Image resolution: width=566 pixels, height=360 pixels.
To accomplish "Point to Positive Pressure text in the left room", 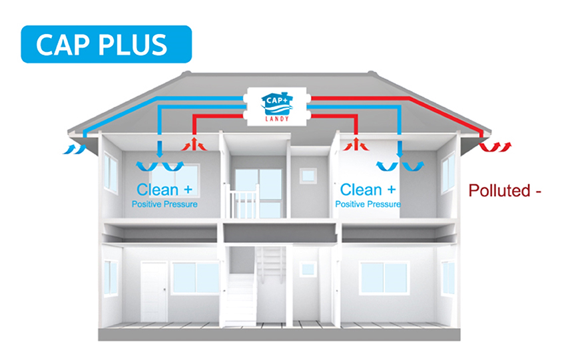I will pos(164,204).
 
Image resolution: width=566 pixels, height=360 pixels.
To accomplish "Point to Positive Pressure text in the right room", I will pos(368,204).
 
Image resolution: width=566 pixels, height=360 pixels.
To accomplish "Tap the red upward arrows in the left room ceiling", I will pos(192,144).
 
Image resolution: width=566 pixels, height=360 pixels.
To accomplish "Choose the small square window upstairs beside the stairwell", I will pos(307,175).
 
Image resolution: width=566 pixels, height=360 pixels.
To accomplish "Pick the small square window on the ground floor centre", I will pos(307,270).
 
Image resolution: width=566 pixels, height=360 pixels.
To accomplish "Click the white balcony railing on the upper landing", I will pos(244,202).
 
